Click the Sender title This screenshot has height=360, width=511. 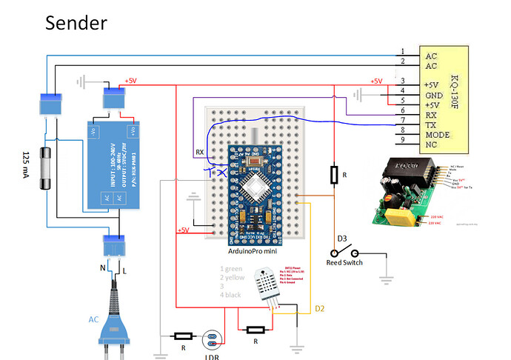pyautogui.click(x=76, y=22)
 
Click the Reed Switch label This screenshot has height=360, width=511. pyautogui.click(x=345, y=262)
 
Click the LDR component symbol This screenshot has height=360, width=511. pyautogui.click(x=213, y=341)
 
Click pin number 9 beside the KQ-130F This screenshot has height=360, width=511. pyautogui.click(x=402, y=139)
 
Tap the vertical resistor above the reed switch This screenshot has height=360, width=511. pyautogui.click(x=334, y=175)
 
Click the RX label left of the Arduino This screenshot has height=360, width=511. pyautogui.click(x=199, y=152)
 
